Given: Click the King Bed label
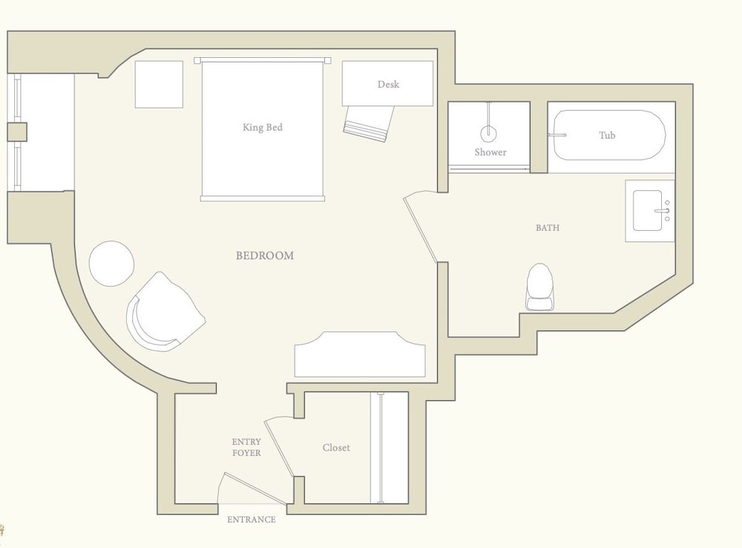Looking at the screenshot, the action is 262,127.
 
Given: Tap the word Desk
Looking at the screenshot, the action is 388,85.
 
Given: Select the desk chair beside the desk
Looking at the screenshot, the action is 369,123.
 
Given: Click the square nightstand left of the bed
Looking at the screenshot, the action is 159,85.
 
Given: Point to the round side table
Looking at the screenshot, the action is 112,264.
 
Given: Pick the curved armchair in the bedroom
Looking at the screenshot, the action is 163,313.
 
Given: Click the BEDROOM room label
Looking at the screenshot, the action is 265,255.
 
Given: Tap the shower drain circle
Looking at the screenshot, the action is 488,134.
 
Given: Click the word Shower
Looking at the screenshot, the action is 490,152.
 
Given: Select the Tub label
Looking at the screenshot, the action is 607,135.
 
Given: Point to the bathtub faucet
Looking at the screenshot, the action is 557,135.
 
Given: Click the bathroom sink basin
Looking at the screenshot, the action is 647,211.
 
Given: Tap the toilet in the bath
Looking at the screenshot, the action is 540,287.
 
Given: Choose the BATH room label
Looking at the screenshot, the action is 548,228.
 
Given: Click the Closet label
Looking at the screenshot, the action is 336,448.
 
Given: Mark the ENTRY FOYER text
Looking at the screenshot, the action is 246,447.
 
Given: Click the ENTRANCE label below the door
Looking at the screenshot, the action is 252,520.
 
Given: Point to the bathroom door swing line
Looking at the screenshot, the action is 420,229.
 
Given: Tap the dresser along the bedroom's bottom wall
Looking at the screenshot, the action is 360,354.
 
